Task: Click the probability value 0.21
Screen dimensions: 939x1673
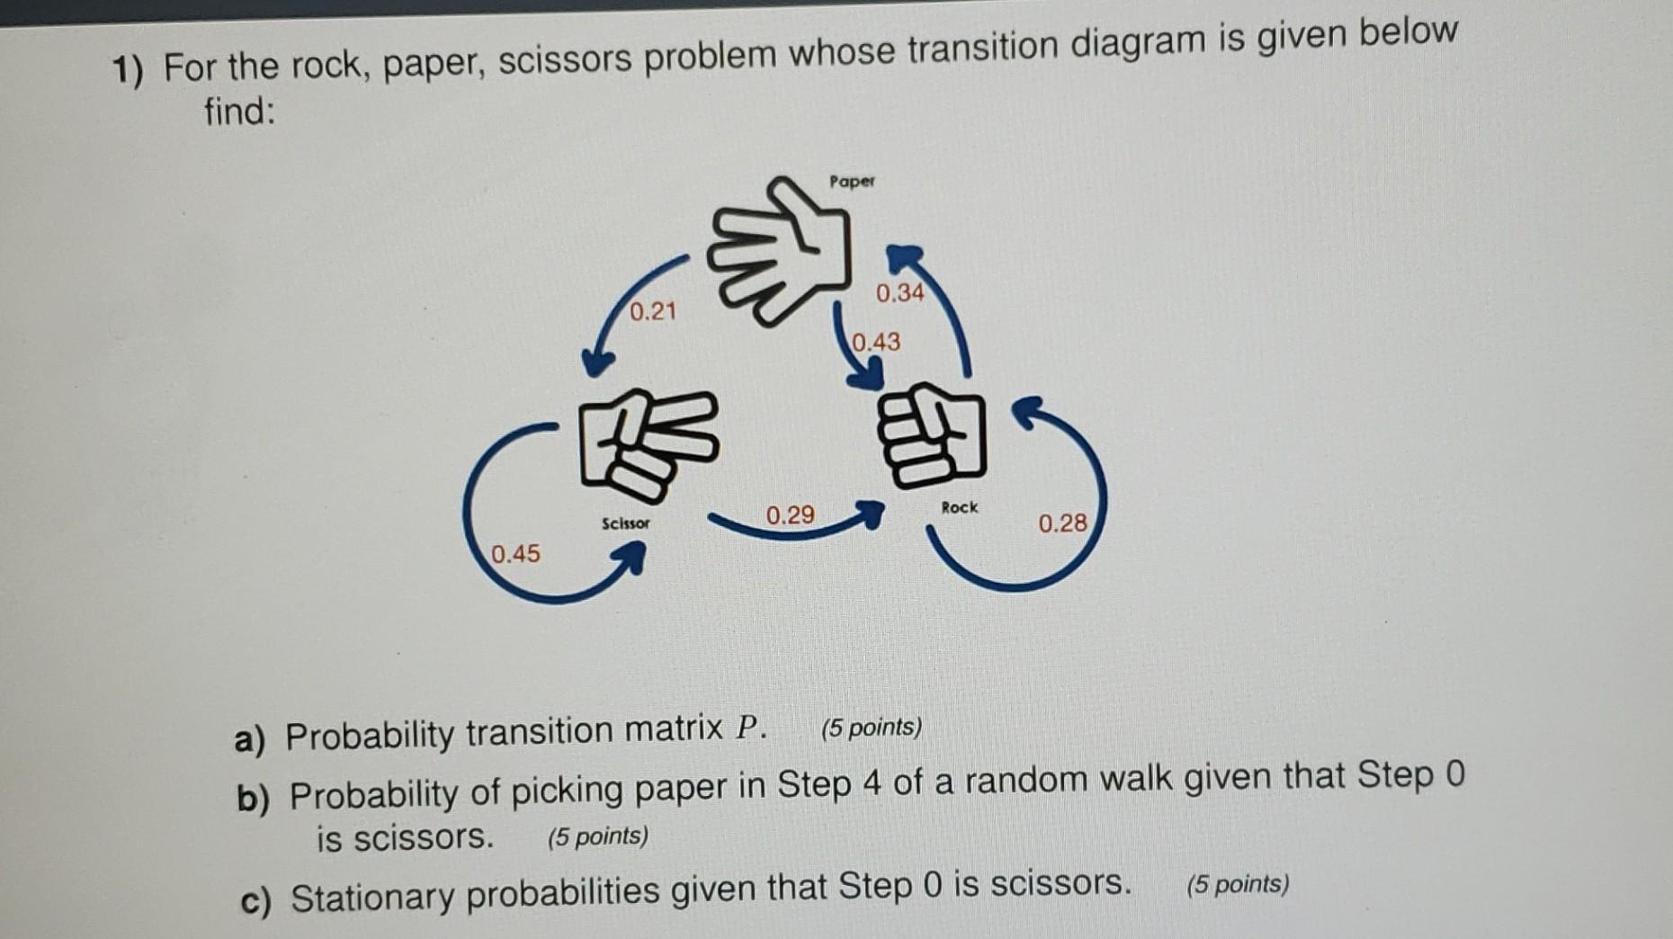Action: click(652, 312)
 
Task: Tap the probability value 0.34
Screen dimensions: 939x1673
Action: click(899, 293)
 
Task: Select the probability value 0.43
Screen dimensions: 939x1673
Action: click(876, 342)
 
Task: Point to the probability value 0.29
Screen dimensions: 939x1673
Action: click(790, 515)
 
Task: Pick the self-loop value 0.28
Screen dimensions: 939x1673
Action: click(1062, 523)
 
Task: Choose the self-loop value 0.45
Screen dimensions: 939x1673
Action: click(515, 553)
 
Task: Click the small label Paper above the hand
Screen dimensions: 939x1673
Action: click(852, 182)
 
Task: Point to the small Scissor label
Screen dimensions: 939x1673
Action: click(625, 523)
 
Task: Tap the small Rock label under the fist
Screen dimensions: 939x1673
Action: click(959, 507)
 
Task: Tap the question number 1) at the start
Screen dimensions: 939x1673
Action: click(127, 72)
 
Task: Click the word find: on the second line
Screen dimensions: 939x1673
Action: click(238, 112)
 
